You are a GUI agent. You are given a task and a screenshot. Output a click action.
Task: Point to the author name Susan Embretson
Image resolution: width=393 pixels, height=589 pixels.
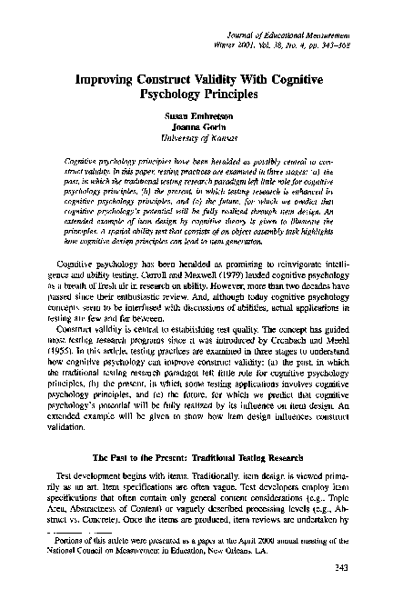point(196,117)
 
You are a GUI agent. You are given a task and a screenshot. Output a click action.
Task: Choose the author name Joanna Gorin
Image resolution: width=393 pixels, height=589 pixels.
point(196,128)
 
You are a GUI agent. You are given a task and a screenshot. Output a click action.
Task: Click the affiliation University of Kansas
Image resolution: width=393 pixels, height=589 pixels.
point(196,139)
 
